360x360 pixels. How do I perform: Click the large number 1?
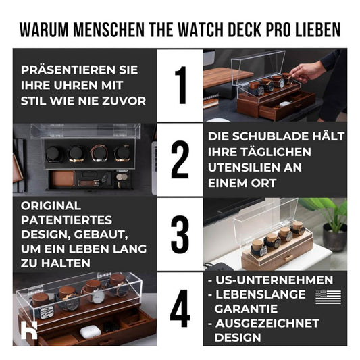180,86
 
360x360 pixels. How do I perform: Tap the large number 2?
180,160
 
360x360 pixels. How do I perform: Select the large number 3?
180,234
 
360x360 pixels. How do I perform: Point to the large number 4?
180,309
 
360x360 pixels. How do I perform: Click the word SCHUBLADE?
271,136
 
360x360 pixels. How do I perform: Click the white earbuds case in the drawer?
91,331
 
